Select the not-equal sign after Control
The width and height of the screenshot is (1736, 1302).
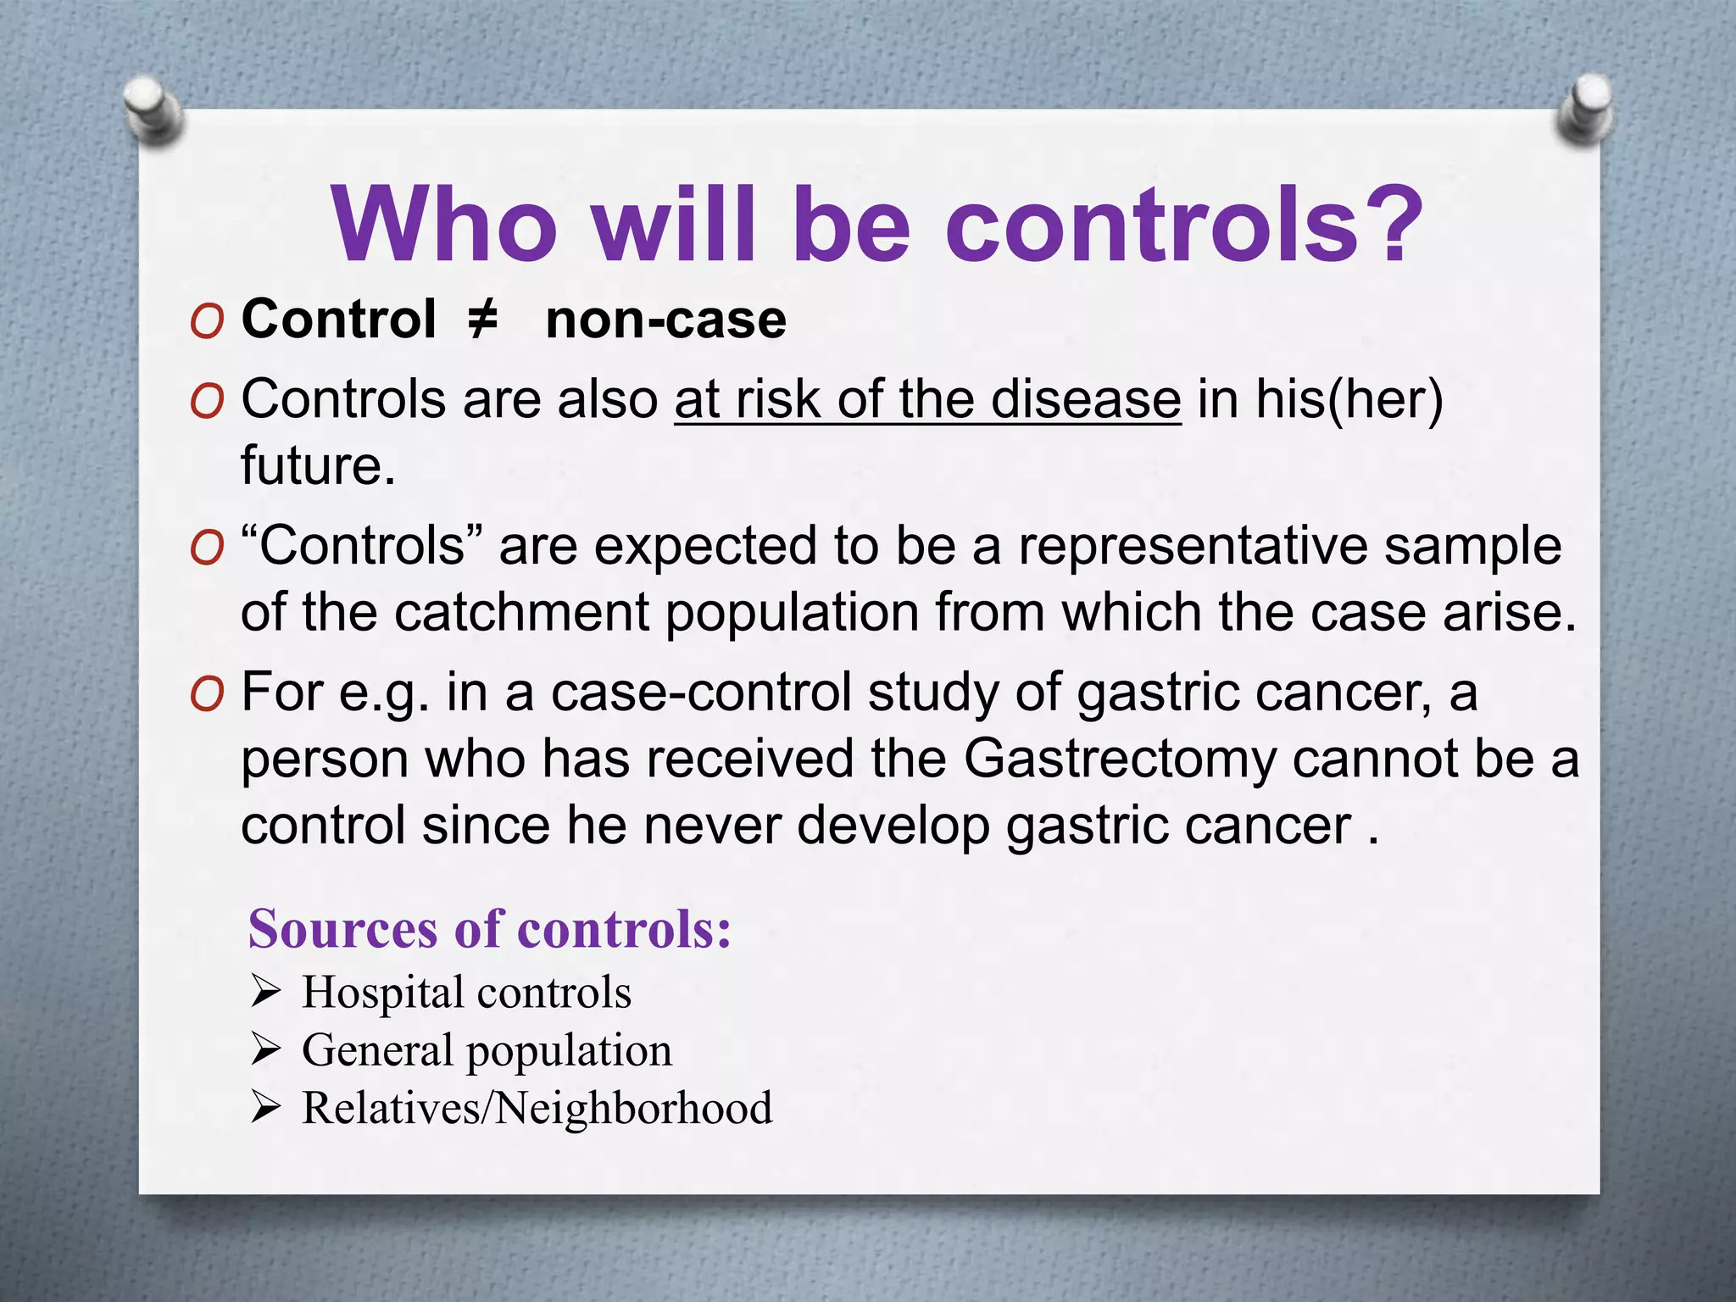click(x=482, y=320)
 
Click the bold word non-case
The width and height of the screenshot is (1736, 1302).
click(x=665, y=320)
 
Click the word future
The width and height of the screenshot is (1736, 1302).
click(x=318, y=466)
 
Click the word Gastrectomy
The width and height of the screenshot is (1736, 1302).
click(x=1120, y=758)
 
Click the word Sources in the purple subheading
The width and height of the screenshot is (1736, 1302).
click(x=342, y=929)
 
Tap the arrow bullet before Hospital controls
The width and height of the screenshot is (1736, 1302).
click(x=265, y=991)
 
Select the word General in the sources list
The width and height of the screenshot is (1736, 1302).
click(x=376, y=1050)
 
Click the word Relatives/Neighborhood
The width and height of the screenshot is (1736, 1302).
click(x=537, y=1108)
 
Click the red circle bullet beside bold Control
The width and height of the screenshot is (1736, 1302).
click(x=207, y=322)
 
